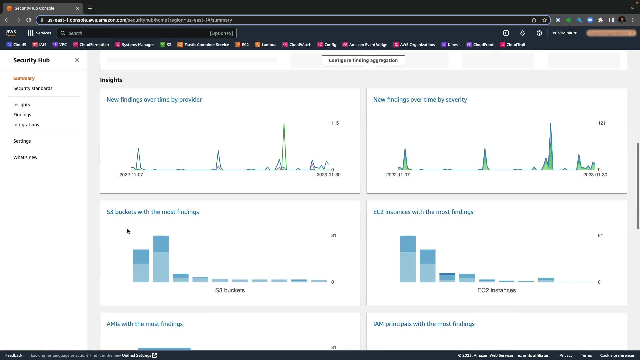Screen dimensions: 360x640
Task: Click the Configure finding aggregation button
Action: point(363,60)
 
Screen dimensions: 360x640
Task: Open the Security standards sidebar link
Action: point(33,88)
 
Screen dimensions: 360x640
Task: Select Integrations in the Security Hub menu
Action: point(26,125)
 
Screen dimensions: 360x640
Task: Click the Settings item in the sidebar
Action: point(22,141)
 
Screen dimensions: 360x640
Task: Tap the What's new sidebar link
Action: point(25,157)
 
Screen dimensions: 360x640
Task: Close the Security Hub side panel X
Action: point(77,60)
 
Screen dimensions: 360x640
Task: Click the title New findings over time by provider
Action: point(154,100)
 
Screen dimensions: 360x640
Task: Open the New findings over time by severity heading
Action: point(420,100)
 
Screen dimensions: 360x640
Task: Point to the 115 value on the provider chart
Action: point(335,123)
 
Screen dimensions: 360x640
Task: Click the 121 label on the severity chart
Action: point(602,123)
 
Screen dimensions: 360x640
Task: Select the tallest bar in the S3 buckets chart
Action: point(161,259)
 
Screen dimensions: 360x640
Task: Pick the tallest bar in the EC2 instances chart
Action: point(408,259)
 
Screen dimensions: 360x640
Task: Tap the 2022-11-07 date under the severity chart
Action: point(398,175)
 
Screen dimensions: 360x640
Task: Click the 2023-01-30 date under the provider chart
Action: point(328,175)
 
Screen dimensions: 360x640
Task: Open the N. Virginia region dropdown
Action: point(565,33)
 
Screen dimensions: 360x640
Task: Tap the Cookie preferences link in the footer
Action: point(617,355)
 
